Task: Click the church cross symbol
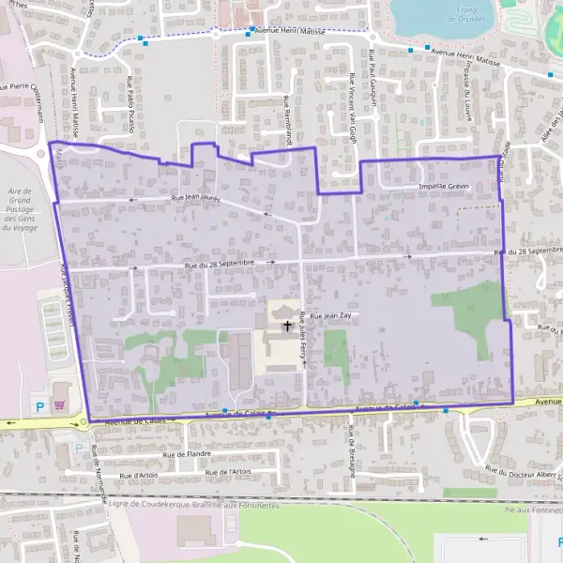pos(286,326)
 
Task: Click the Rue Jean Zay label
pos(331,317)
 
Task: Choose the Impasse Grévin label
pos(443,187)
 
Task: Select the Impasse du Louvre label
pos(465,86)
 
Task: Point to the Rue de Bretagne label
pos(352,450)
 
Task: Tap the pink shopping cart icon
pos(61,405)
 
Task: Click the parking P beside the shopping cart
pos(38,406)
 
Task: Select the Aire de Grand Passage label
pos(18,212)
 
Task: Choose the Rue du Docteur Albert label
pos(521,473)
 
